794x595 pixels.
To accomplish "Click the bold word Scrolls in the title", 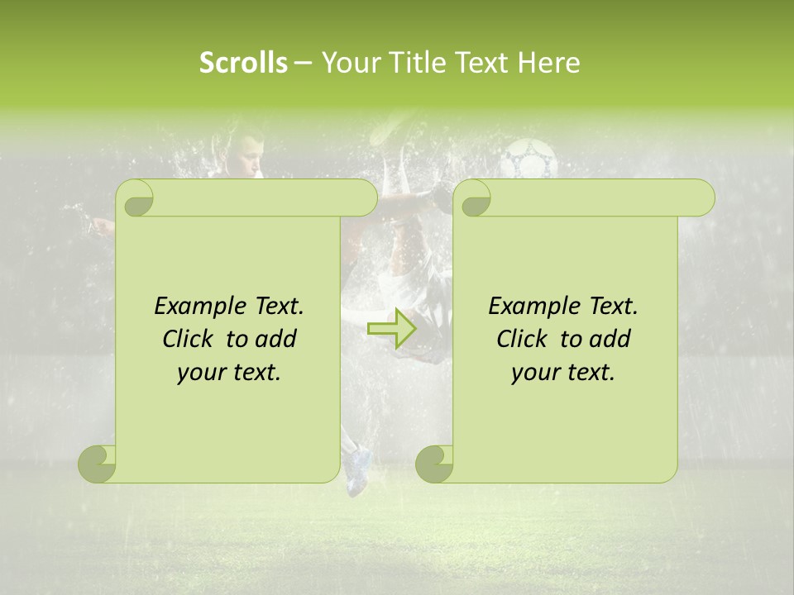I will coord(243,63).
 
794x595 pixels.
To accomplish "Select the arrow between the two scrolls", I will coord(393,329).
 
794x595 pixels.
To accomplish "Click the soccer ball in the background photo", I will coord(530,159).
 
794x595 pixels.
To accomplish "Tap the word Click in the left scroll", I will coord(182,339).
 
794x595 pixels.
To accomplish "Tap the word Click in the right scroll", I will coord(516,339).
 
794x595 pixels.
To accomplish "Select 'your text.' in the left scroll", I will coord(229,373).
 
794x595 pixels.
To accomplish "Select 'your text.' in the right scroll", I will coord(563,373).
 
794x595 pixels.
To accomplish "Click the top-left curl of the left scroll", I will coord(135,199).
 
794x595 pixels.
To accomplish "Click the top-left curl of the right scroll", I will coord(472,199).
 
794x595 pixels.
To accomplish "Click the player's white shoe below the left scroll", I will coord(356,471).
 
